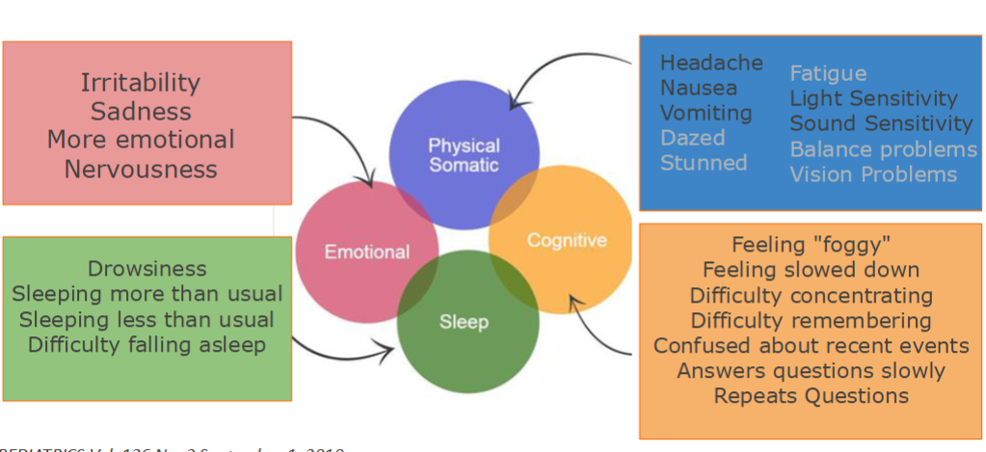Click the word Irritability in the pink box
pos(141,83)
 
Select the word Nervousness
pos(141,170)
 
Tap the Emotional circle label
pos(366,253)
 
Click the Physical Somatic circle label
pos(464,155)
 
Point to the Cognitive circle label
pos(567,241)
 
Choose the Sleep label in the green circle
pos(464,322)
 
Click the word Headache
pos(711,64)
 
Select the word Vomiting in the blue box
pos(706,113)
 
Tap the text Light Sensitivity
pos(873,98)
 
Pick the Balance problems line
pos(883,149)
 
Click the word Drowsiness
pos(147,268)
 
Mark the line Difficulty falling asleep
pos(147,344)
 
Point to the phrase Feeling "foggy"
pos(811,245)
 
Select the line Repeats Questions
pos(811,395)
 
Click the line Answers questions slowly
pos(811,370)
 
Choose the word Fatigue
pos(828,73)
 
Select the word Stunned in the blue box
pos(704,163)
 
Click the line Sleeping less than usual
pos(147,319)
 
